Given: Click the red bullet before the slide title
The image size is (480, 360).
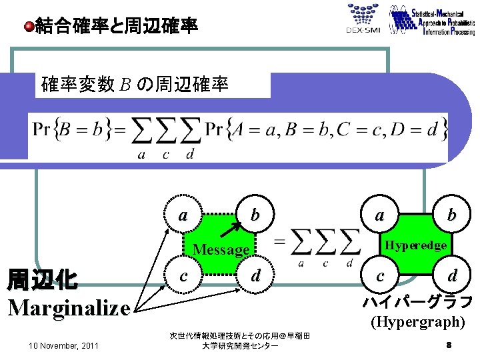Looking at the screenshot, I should [x=29, y=27].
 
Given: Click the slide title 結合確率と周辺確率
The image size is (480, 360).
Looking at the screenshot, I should [x=116, y=27].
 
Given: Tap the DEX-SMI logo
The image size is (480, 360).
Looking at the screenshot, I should [x=363, y=19].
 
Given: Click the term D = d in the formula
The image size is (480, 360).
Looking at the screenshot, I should [x=423, y=130].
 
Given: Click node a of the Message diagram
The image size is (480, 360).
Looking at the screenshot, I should [x=183, y=215].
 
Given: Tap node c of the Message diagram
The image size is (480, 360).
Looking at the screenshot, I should [x=183, y=276].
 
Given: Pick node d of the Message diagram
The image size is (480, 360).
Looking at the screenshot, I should [x=254, y=275].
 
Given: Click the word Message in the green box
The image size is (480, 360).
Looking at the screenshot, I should [x=220, y=250].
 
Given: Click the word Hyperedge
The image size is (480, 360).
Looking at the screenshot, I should [x=415, y=245].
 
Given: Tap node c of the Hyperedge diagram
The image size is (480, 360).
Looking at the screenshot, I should [x=379, y=275].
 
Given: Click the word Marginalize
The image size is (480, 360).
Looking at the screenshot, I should [x=69, y=307].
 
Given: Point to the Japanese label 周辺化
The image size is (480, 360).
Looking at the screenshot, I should [x=41, y=280].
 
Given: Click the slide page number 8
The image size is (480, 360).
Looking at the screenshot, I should [x=449, y=345].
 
